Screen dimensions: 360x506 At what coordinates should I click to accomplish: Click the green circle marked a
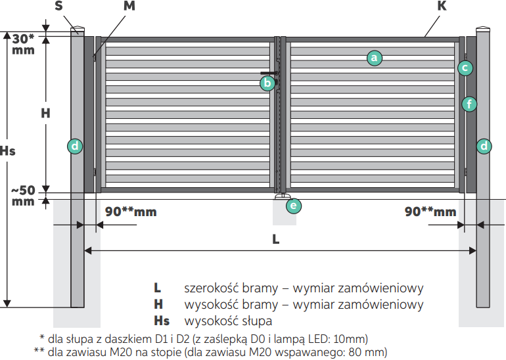point(373,58)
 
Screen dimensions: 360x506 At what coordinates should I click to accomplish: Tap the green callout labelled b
point(267,83)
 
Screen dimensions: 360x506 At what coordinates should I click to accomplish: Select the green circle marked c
point(465,67)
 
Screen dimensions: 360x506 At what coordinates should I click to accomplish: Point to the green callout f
point(469,103)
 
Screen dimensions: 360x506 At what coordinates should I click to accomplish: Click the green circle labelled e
point(294,206)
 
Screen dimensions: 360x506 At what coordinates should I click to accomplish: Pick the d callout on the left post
point(76,146)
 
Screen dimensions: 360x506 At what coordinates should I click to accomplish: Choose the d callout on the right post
point(484,146)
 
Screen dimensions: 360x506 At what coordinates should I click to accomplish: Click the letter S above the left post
point(59,7)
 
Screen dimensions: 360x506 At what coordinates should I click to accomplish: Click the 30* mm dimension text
point(23,44)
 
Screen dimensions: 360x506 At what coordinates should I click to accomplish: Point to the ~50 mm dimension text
point(23,196)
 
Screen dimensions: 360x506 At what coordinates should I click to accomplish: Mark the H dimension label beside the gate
point(45,113)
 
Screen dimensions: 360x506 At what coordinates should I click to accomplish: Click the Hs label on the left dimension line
point(8,150)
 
